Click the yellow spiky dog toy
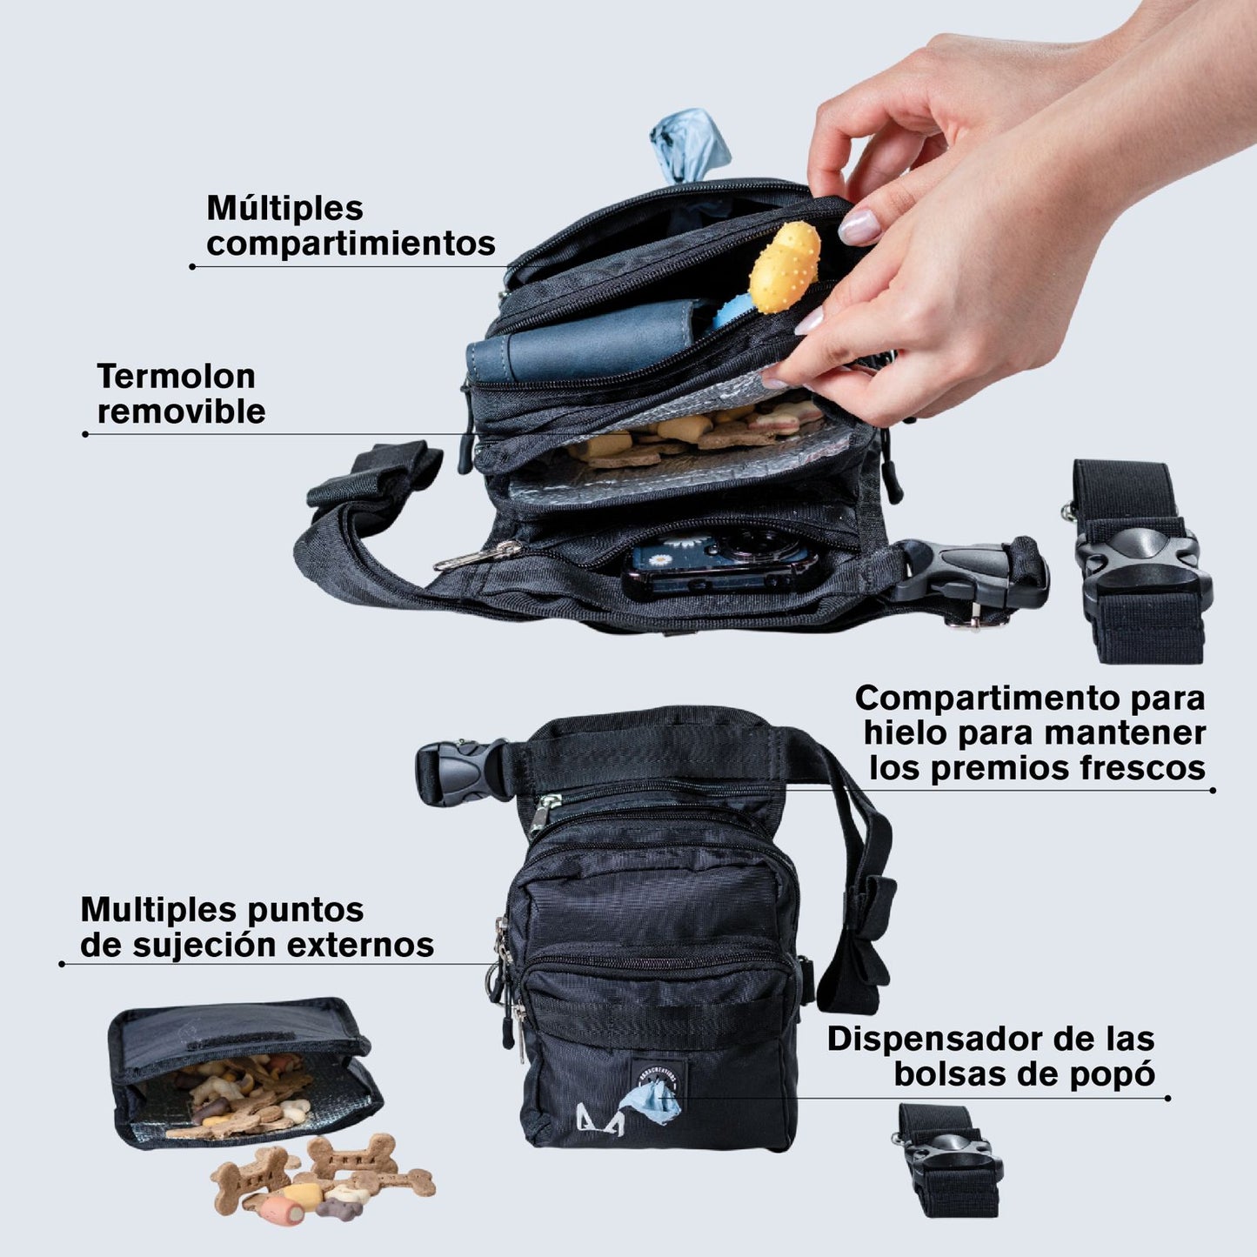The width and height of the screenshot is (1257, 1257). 784,267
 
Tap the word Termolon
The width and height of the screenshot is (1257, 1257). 176,377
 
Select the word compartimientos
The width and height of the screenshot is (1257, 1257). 351,244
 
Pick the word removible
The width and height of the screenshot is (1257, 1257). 181,411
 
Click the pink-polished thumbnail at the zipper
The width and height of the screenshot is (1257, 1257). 859,227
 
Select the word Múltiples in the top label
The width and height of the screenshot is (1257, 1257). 284,209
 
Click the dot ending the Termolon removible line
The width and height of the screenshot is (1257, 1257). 85,434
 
